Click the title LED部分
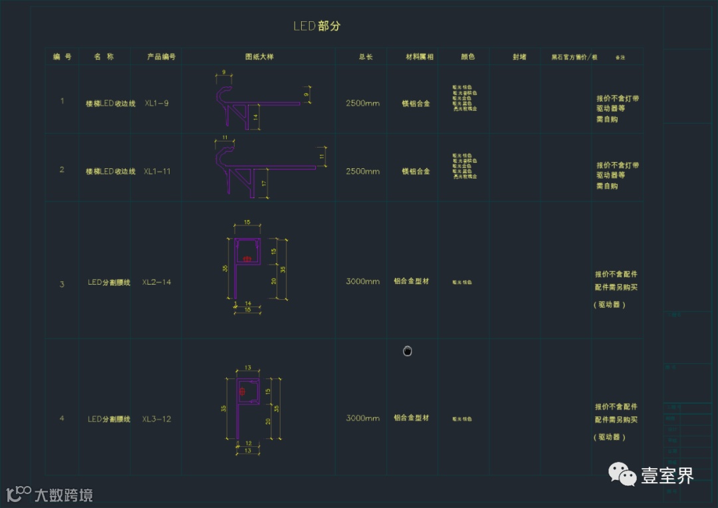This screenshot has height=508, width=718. (x=317, y=26)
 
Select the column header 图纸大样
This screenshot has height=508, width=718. (x=259, y=57)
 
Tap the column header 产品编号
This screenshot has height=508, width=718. (x=161, y=57)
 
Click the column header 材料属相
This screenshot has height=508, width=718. (x=419, y=57)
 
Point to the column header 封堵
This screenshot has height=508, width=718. (x=519, y=57)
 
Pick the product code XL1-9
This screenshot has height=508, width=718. (x=157, y=104)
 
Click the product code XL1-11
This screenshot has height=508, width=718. (x=158, y=172)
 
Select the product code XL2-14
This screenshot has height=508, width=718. (x=157, y=283)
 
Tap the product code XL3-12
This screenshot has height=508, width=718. (x=157, y=420)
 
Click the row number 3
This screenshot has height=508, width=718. (x=62, y=285)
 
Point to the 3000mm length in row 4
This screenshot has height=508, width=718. (x=362, y=418)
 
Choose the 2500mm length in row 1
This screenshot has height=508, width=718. (x=362, y=104)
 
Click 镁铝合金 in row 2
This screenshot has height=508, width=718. (x=416, y=172)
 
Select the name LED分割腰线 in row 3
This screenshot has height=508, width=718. (x=109, y=283)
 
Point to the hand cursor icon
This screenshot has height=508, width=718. (x=408, y=351)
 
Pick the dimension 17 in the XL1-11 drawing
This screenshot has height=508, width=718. (x=264, y=183)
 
